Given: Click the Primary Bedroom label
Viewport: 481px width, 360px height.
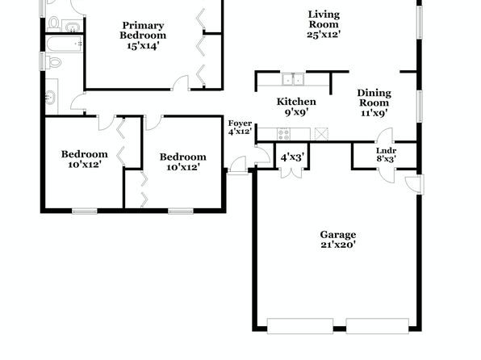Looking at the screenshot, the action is tap(143, 30).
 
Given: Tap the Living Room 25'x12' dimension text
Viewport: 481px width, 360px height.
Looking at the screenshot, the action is tap(324, 34).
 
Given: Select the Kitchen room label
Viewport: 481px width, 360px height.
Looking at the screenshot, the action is tap(296, 102).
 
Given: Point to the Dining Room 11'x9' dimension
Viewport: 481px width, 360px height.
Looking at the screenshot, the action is tap(374, 113).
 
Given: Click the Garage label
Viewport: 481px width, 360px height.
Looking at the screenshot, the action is tap(338, 235).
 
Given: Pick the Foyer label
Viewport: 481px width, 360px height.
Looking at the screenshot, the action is tap(240, 123).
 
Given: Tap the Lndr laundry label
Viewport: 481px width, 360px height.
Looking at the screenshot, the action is tap(387, 150).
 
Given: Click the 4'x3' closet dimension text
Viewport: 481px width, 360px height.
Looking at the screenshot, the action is tap(292, 157).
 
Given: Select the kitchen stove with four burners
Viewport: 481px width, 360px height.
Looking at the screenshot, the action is tap(284, 134).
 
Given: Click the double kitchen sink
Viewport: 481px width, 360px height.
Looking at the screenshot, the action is tap(293, 79).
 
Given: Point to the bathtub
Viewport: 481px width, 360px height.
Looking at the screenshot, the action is tap(65, 44).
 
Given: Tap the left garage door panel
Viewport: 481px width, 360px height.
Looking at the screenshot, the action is tap(300, 326).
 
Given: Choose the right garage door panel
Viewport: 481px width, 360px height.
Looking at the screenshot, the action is tap(378, 326).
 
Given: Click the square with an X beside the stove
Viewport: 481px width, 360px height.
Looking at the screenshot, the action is tap(321, 134).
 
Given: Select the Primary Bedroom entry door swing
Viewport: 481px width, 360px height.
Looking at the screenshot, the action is tap(181, 83).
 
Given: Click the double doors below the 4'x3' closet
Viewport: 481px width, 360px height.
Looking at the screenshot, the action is tap(291, 173).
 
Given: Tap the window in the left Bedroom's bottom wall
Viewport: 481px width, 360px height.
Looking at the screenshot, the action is tap(85, 211).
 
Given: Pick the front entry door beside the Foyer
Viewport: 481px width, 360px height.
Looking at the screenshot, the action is tap(238, 165).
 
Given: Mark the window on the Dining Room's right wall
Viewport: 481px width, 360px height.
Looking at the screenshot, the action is tap(420, 107).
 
